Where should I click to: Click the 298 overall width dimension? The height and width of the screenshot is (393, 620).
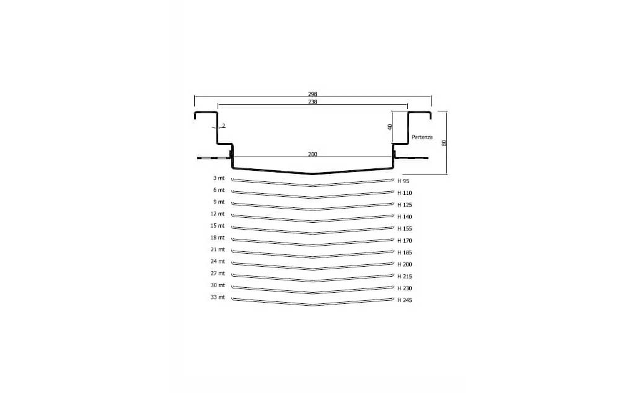(x=312, y=94)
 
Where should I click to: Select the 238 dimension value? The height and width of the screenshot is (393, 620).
(x=312, y=102)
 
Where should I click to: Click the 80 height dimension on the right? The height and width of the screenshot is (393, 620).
(x=444, y=143)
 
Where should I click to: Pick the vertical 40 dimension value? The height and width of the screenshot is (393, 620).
(x=390, y=127)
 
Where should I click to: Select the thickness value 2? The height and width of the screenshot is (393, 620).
(x=223, y=126)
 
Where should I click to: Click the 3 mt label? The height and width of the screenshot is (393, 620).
(x=218, y=178)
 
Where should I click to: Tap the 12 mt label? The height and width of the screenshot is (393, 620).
(x=216, y=214)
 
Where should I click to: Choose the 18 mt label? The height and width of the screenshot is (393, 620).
(x=216, y=238)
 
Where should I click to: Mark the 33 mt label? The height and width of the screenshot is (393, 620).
(x=216, y=298)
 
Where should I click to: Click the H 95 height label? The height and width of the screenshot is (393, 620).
(x=403, y=181)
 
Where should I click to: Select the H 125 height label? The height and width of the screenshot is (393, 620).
(x=404, y=205)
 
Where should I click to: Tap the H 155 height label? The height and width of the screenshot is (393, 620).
(x=404, y=229)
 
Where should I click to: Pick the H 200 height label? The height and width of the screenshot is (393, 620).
(x=404, y=265)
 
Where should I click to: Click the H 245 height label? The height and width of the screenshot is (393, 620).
(x=404, y=301)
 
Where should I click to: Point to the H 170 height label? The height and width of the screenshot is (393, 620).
(x=404, y=241)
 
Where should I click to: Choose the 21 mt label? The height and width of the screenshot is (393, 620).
(x=216, y=249)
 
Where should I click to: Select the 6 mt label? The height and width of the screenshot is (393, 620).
(x=218, y=190)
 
